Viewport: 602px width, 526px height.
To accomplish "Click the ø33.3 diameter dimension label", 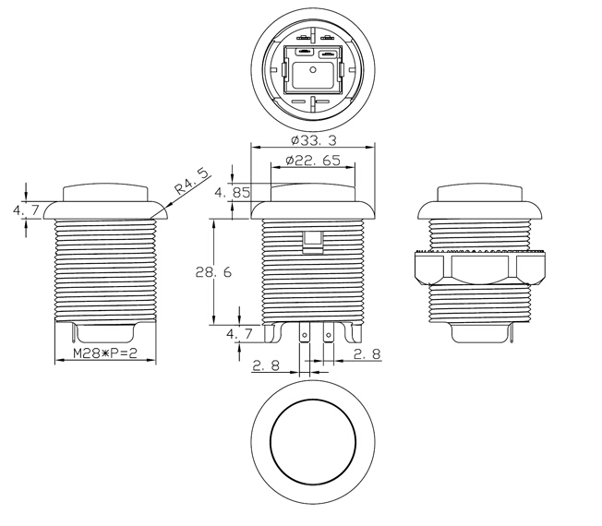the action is [313, 140].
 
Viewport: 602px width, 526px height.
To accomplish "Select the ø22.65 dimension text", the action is [313, 160].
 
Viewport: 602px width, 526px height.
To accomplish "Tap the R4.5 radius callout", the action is [192, 181].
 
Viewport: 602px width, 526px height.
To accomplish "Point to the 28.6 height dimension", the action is [213, 272].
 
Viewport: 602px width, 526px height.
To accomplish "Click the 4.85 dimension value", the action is [233, 192].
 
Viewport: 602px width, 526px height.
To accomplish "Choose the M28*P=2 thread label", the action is [105, 353].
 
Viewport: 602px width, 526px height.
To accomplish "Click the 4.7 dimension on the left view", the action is [26, 210].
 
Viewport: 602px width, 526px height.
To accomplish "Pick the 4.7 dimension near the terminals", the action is [239, 333].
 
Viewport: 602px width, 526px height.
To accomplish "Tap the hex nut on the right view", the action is [480, 268].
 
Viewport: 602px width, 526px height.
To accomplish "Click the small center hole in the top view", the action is [313, 70].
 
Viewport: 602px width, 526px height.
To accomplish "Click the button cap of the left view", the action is [105, 193].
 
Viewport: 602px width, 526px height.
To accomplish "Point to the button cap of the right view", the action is [480, 193].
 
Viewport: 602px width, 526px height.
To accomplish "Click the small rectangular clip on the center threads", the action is [312, 242].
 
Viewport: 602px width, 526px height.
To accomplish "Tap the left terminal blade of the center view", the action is [304, 332].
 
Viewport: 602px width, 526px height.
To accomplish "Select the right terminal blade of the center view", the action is [328, 332].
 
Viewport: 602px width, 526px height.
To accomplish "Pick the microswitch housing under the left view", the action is [105, 332].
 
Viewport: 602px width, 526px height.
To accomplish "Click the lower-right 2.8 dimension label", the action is [367, 353].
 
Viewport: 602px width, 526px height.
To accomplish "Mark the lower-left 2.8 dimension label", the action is [266, 365].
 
